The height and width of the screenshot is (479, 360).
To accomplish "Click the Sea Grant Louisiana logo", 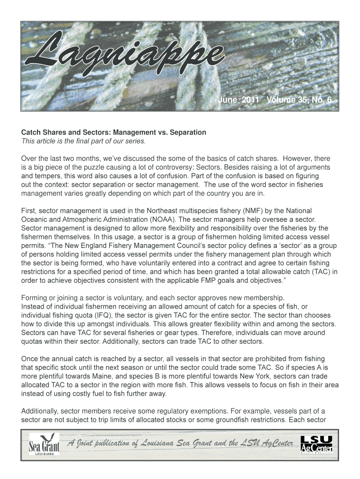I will (42, 444).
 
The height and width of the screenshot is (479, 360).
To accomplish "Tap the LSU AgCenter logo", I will (317, 444).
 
